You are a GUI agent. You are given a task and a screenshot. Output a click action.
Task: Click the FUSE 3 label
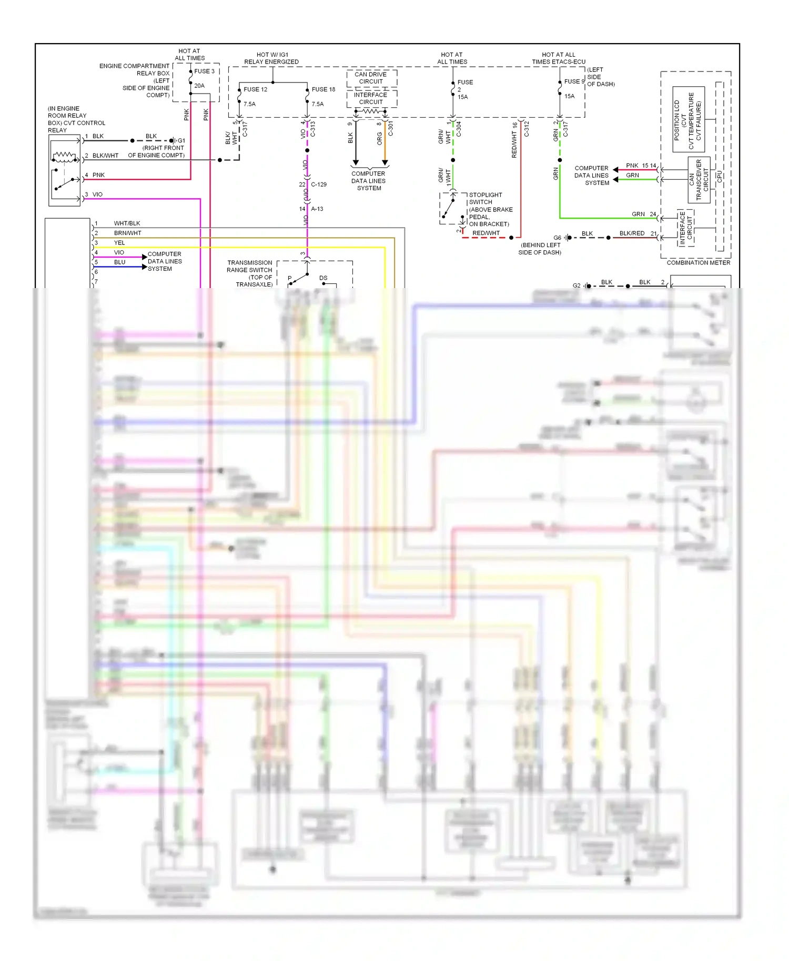coord(204,71)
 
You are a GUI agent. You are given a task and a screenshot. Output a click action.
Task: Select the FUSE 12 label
coord(255,89)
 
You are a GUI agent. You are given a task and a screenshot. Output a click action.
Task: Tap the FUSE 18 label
coord(323,89)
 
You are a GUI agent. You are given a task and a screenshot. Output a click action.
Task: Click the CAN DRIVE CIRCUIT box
coord(371,78)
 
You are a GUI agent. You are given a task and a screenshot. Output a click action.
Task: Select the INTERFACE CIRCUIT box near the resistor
coord(371,98)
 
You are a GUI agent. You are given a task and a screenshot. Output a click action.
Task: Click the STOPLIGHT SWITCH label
coord(485,198)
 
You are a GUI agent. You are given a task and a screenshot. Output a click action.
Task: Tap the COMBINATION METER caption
coord(698,262)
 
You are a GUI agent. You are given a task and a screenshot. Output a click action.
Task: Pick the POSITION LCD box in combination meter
coord(688,120)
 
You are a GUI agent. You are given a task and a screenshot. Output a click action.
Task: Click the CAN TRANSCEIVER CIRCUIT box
coord(699,180)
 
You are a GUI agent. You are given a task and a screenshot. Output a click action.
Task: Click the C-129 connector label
coord(318,185)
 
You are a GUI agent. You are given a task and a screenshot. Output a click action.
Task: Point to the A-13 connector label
coord(317,209)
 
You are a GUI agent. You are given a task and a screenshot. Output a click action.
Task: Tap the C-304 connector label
coord(459,129)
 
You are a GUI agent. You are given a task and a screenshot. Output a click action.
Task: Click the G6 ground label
coord(557,238)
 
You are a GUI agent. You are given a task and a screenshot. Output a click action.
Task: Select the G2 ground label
coord(576,285)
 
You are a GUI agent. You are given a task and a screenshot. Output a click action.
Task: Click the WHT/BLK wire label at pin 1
coord(127,223)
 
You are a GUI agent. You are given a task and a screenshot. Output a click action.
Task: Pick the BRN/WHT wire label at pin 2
coord(127,233)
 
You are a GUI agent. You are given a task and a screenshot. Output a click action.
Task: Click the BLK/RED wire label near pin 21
coord(631,233)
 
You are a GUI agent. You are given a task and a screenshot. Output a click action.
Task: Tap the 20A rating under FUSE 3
coord(199,86)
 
